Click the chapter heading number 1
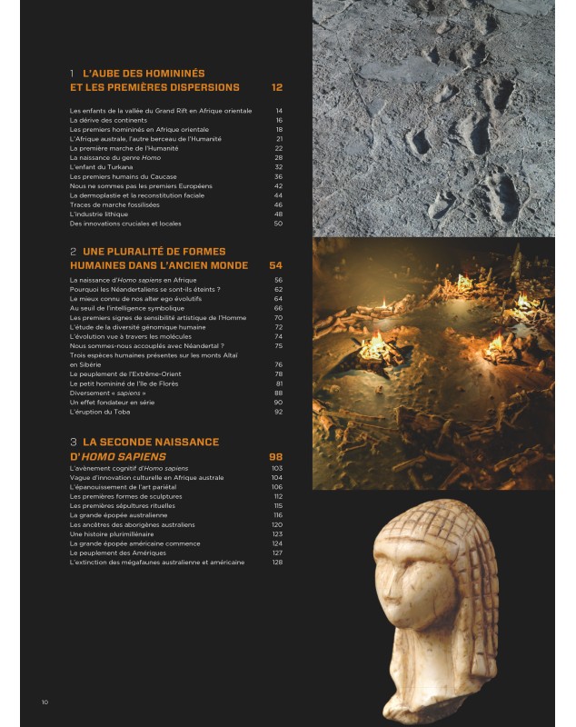72,73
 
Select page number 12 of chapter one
277,88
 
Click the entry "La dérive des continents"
107,120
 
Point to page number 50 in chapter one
278,224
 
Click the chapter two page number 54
276,265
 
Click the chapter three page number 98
276,456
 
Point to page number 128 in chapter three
277,562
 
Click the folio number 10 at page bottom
45,702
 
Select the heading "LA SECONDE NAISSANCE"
151,442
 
